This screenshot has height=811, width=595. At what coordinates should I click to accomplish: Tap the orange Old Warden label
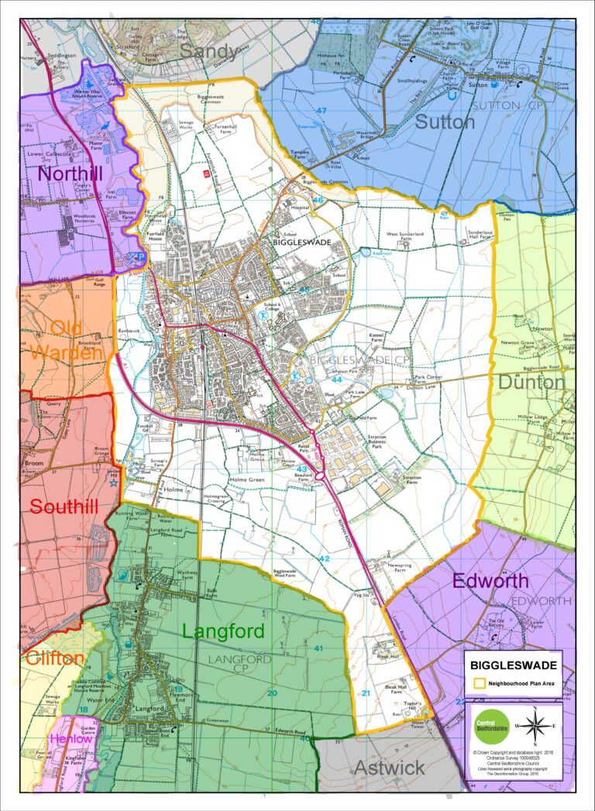click(67, 338)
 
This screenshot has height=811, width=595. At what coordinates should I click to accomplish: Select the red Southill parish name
click(64, 507)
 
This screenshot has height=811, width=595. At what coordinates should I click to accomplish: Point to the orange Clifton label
click(54, 658)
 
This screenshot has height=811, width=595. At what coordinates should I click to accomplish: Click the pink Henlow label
click(71, 739)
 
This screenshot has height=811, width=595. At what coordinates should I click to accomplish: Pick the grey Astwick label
click(389, 767)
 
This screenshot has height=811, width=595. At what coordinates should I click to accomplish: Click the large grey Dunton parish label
click(531, 382)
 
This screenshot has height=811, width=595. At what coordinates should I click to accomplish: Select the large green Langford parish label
click(223, 631)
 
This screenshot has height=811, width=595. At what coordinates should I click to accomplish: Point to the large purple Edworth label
click(490, 580)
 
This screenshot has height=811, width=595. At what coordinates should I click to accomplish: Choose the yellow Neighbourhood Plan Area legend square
click(479, 683)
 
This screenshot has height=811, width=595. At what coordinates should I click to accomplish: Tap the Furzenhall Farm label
click(229, 136)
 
